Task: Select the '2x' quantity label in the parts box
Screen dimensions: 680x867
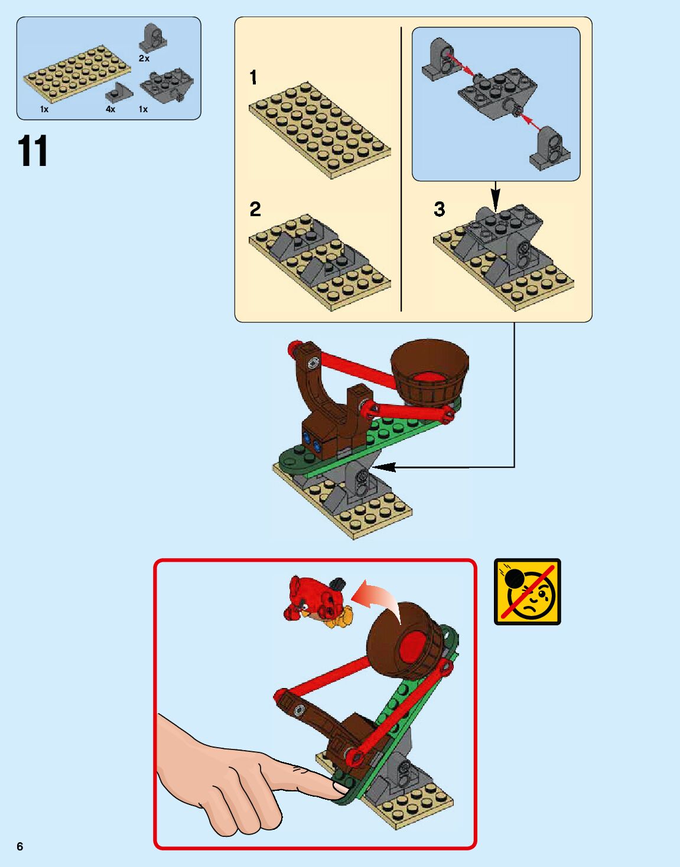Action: click(x=144, y=58)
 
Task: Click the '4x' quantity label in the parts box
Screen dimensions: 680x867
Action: click(x=110, y=109)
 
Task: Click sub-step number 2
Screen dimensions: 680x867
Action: click(x=255, y=209)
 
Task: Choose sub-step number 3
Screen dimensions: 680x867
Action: click(x=440, y=209)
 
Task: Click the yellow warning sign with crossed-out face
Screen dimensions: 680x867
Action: click(x=527, y=592)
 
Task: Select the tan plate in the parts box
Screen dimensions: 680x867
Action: click(x=77, y=74)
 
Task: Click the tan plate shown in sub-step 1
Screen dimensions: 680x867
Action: click(x=320, y=131)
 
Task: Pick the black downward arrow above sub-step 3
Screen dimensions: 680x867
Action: click(x=495, y=197)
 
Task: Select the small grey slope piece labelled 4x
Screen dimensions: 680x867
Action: click(x=119, y=94)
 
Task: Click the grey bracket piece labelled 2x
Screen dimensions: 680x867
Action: click(x=153, y=38)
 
